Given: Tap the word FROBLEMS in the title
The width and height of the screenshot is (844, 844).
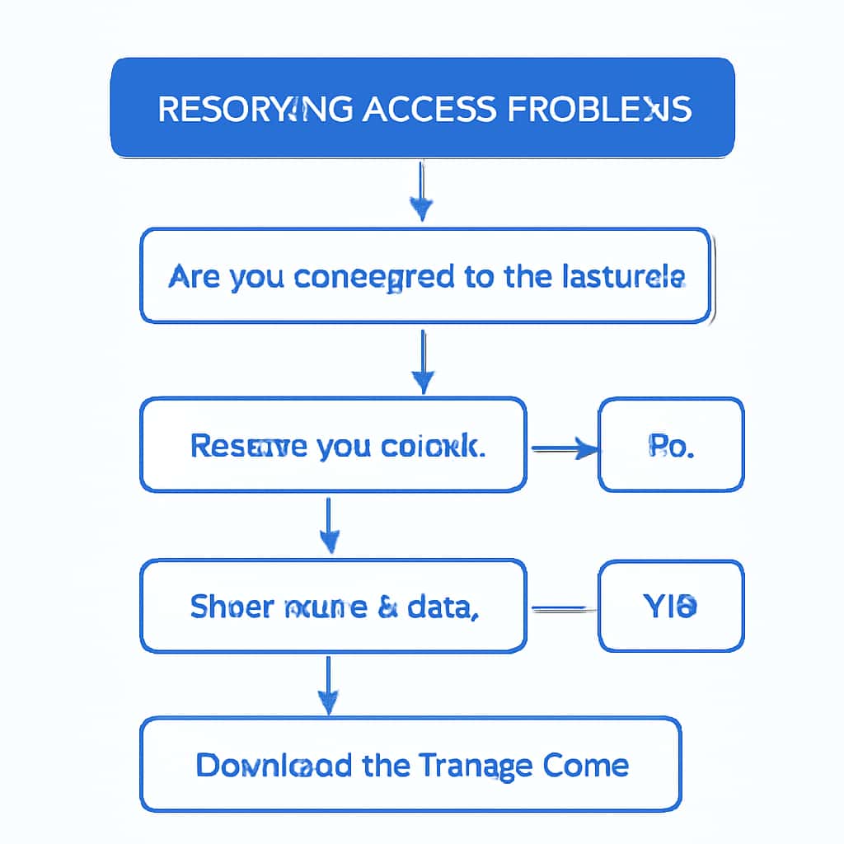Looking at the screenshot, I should click(599, 109).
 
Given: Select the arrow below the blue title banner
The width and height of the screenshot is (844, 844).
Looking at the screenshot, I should click(421, 191).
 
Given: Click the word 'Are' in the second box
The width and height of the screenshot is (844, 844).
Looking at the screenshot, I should click(195, 276).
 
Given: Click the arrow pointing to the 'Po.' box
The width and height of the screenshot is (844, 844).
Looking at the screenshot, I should click(566, 448).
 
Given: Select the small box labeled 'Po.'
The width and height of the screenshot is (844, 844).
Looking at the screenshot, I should click(670, 445).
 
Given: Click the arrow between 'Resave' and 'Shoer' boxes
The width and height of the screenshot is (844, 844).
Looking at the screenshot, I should click(329, 525).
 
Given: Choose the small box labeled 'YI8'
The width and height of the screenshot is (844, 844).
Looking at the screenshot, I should click(670, 606).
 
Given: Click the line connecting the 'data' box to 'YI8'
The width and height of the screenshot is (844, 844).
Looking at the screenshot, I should click(562, 609).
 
